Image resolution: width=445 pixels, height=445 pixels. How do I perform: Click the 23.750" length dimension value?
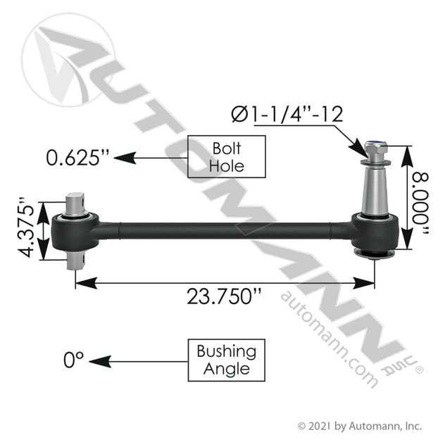tap(224, 296)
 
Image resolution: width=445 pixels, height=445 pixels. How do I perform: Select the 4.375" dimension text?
tap(26, 227)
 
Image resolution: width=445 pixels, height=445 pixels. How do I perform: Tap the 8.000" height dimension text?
tap(420, 203)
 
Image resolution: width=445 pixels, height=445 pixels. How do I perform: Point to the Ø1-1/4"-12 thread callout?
tap(287, 114)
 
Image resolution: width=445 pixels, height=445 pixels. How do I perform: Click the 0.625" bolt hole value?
tap(77, 158)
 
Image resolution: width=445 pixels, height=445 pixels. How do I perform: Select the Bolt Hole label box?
tap(227, 156)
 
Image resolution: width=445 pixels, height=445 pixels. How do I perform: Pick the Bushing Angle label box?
tap(227, 360)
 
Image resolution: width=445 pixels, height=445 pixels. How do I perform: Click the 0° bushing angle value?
tap(73, 360)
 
